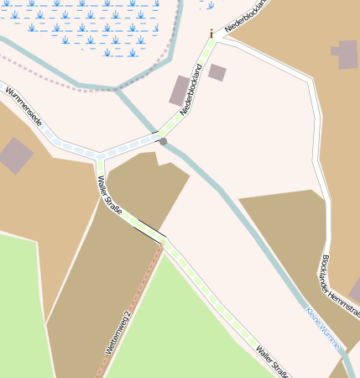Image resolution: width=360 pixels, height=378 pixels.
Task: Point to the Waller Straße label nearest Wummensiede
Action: click(x=110, y=195)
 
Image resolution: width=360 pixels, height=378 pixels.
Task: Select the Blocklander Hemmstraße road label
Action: click(x=339, y=286)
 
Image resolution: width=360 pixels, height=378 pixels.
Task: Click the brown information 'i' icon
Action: click(x=211, y=34)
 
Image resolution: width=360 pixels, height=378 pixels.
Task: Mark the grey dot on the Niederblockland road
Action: click(x=163, y=142)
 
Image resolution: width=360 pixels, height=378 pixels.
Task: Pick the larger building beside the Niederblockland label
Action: click(x=180, y=91)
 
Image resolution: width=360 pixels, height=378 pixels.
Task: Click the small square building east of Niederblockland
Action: click(x=217, y=72)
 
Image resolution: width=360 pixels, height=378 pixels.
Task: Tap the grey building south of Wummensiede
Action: click(x=16, y=155)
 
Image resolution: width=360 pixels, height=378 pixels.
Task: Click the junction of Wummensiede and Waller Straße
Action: click(x=100, y=155)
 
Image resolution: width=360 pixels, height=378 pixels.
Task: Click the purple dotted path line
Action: click(x=50, y=76)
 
